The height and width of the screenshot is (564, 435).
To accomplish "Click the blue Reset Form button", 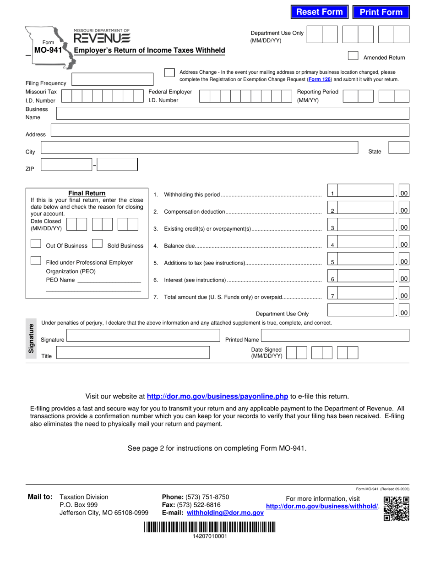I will (x=320, y=12).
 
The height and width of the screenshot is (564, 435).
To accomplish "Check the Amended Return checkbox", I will (x=353, y=56).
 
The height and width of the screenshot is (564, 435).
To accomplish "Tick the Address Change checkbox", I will (x=169, y=73).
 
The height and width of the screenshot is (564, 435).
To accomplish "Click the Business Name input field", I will (x=232, y=113).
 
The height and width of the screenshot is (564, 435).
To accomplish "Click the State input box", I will (x=399, y=148).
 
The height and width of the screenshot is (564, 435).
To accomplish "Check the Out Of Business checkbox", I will (x=36, y=243).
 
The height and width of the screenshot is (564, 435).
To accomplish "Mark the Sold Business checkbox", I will (x=97, y=243).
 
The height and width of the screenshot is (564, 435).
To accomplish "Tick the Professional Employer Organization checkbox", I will (x=36, y=260).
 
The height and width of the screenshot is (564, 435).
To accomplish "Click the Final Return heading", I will (x=87, y=194).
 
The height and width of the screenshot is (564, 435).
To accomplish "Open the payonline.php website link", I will (x=217, y=396).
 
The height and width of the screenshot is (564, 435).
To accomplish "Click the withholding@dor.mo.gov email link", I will (x=225, y=513).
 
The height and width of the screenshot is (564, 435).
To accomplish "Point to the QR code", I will (x=397, y=509).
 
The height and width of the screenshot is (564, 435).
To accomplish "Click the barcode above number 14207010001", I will (x=210, y=527).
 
